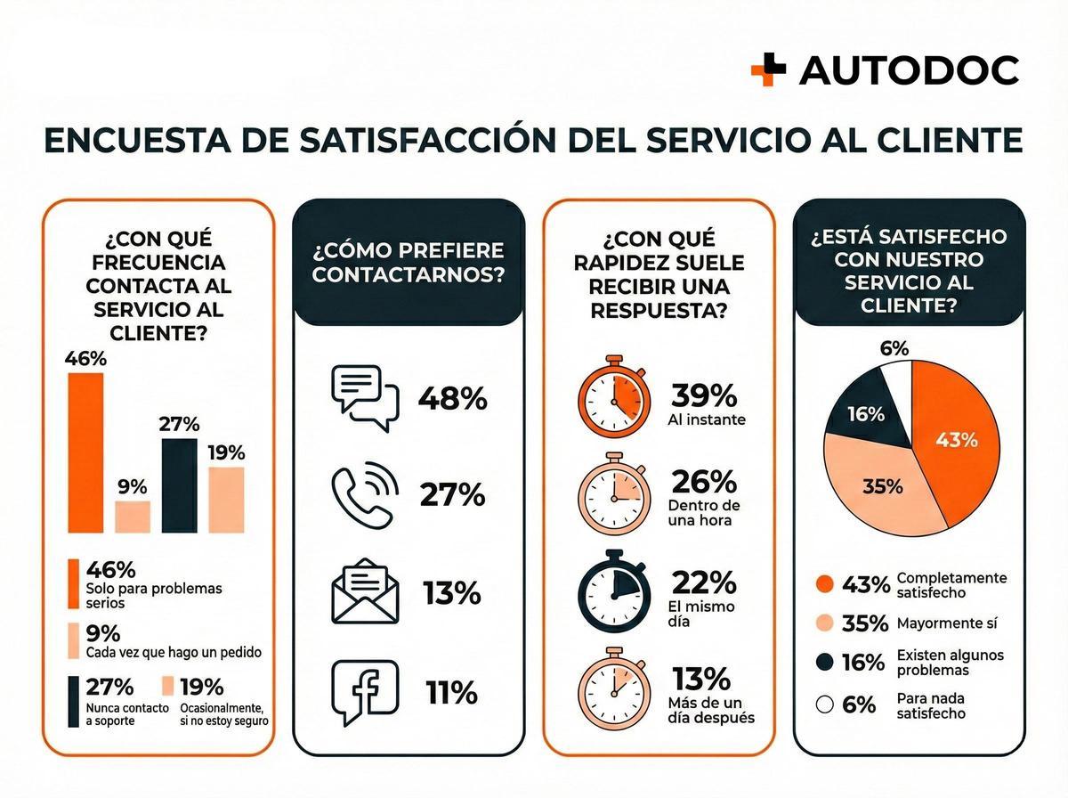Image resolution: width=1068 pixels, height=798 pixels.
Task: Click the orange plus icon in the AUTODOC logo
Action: point(768,69)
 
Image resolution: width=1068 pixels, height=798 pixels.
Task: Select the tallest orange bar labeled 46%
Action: point(85,452)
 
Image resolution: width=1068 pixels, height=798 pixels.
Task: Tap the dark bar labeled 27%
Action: point(179,485)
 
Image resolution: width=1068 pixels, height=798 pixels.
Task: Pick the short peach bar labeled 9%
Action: point(133,517)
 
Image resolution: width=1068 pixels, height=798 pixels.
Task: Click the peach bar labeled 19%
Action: point(226,500)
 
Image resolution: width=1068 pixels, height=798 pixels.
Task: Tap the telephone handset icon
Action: point(364,495)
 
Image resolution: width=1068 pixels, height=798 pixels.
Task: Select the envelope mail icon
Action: point(365,592)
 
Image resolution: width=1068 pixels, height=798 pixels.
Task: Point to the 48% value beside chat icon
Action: point(452,399)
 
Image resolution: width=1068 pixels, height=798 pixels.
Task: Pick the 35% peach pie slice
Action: point(877,485)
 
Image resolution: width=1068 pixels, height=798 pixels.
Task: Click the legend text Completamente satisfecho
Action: point(951,584)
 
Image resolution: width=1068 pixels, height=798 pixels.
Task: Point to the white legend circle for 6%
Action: point(824,704)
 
